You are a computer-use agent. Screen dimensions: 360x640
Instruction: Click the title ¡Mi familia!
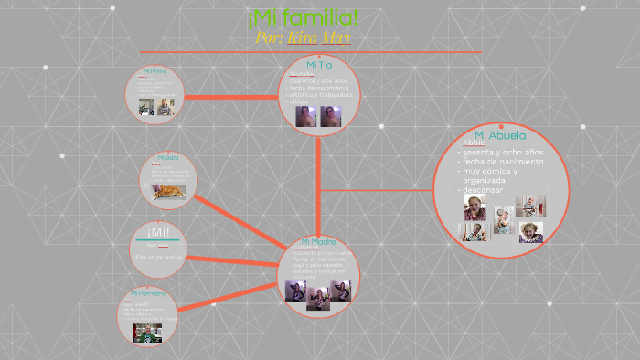point(302,17)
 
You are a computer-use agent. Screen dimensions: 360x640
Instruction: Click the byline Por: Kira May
point(303,37)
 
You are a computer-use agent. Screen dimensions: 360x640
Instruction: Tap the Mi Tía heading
point(318,65)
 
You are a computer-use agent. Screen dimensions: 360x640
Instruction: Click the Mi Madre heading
point(317,242)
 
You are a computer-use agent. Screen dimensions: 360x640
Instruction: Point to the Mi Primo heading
point(154,70)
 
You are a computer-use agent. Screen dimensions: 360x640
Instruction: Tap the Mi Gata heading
point(166,157)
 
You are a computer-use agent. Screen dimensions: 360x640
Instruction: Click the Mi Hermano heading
point(148,293)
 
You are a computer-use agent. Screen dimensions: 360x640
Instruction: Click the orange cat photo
point(168,191)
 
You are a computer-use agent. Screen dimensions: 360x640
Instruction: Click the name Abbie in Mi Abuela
point(475,143)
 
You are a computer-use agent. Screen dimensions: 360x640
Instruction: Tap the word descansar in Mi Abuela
point(484,190)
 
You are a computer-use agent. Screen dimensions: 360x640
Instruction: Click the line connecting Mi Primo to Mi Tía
point(230,96)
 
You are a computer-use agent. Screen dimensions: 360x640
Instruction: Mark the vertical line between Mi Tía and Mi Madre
point(318,183)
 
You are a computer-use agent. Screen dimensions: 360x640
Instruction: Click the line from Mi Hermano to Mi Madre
point(229,296)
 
